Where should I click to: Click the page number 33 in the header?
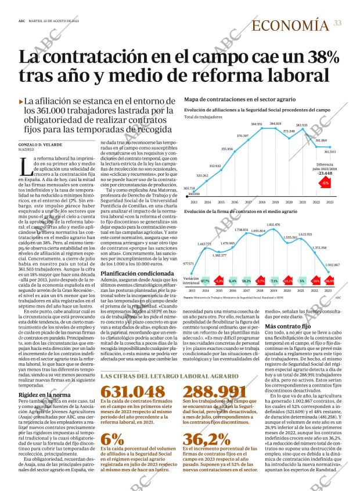pyautogui.click(x=337, y=23)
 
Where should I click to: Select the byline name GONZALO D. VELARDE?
pyautogui.click(x=41, y=144)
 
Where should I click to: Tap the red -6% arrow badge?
pyautogui.click(x=325, y=183)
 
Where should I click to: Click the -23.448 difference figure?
pyautogui.click(x=325, y=173)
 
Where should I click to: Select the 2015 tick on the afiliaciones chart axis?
pyautogui.click(x=221, y=202)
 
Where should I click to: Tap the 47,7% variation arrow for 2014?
pyautogui.click(x=205, y=281)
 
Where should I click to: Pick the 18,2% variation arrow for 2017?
pyautogui.click(x=246, y=281)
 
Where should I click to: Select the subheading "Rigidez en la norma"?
pyautogui.click(x=42, y=379)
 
